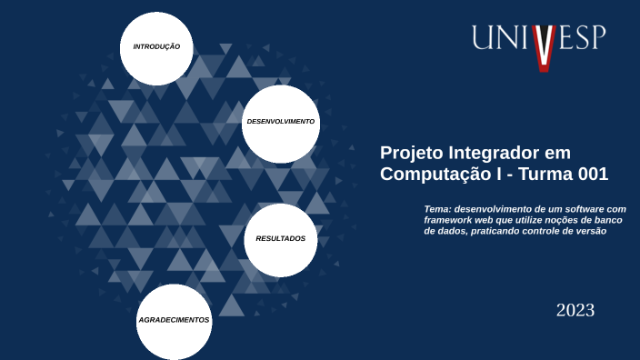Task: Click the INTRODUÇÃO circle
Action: (x=156, y=47)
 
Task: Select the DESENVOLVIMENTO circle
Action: (x=280, y=122)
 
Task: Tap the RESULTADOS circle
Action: (x=280, y=239)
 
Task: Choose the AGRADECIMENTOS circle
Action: (x=174, y=321)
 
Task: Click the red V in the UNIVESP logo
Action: (x=543, y=47)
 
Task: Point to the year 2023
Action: (x=575, y=311)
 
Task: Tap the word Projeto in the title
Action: (x=406, y=153)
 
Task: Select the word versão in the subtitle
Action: (x=587, y=231)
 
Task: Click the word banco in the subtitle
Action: (x=612, y=220)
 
